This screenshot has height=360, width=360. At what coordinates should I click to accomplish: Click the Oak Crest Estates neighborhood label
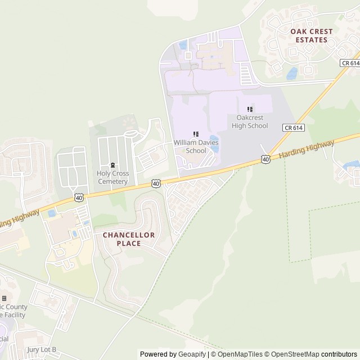(311, 35)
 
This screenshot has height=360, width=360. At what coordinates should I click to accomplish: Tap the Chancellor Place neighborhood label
(129, 239)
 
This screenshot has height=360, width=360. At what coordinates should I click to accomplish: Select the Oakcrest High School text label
(250, 121)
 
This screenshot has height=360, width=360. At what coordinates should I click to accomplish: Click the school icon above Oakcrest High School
(250, 109)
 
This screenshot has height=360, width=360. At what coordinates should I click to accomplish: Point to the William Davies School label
(196, 147)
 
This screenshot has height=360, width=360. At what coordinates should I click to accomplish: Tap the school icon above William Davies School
(196, 134)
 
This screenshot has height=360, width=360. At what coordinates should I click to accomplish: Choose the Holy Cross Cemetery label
(112, 177)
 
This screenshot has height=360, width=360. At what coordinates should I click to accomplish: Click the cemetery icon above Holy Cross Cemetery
(112, 165)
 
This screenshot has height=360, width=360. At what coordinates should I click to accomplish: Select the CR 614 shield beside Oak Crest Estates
(350, 64)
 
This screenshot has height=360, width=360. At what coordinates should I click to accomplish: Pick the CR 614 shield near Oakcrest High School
(294, 128)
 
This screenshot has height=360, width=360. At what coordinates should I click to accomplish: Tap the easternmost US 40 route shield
(265, 160)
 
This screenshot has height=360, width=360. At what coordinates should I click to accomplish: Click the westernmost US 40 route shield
(79, 197)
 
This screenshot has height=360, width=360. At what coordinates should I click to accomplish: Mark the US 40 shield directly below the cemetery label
(156, 183)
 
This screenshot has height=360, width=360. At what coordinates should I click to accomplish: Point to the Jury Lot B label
(42, 349)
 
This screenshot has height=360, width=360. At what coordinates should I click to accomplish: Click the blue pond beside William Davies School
(214, 141)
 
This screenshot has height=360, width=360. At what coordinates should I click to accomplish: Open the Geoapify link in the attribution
(190, 354)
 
